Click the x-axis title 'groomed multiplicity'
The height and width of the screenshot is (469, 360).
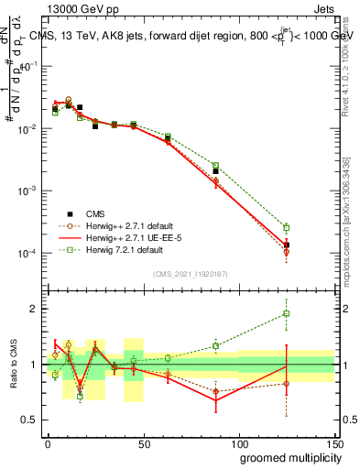[x=287, y=457]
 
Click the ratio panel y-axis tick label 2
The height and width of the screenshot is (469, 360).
[x=36, y=309]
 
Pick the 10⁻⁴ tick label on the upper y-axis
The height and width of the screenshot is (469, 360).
[x=27, y=253]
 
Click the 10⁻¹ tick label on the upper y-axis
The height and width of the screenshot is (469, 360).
[x=27, y=66]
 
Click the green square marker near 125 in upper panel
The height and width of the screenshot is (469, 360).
[x=287, y=227]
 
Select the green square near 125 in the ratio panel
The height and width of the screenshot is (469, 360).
[x=287, y=314]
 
